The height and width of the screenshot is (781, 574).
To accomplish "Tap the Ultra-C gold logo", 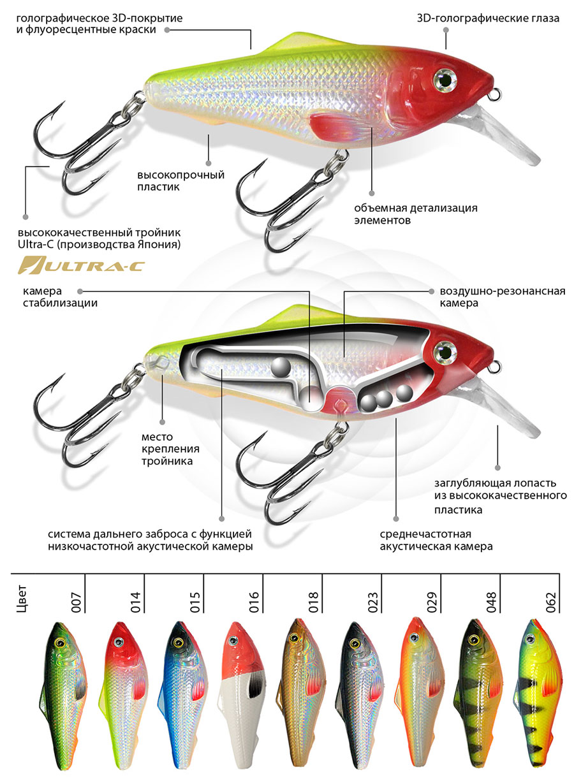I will point(80,264).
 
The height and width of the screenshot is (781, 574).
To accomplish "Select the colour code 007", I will point(77,602).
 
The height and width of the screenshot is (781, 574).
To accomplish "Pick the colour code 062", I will point(552,602).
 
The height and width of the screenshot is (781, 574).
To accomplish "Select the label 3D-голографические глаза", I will point(487,18).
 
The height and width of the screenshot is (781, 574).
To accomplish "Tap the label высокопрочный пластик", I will point(181,181).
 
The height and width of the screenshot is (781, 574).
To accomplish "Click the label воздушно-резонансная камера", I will point(503,297).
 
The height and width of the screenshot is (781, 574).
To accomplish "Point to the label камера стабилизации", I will point(60,297).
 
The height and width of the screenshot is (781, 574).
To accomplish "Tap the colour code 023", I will point(374,602).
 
